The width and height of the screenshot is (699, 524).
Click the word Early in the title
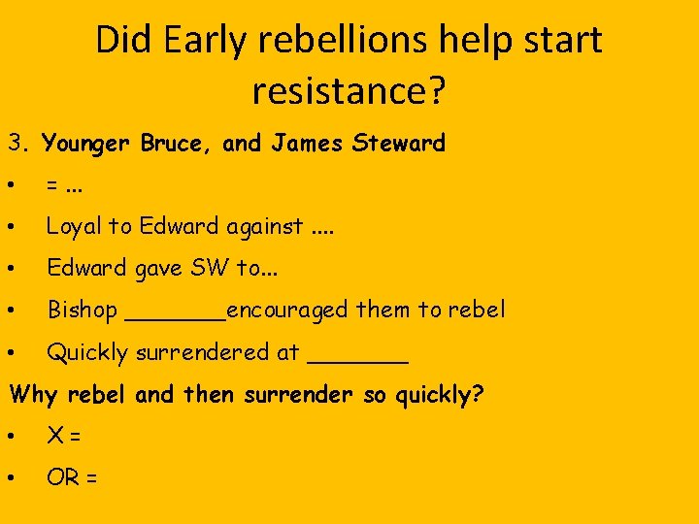198,41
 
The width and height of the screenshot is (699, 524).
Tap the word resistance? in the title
349,91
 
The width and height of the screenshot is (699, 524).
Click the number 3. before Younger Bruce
20,145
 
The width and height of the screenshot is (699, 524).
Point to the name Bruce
177,145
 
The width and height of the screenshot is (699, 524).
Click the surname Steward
399,145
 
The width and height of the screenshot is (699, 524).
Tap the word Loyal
74,227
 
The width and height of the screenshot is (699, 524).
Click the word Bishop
82,311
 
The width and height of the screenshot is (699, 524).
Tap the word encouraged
287,311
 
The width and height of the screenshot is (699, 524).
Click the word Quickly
87,353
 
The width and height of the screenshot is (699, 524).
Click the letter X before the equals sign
55,437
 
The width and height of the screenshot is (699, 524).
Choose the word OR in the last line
62,478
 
